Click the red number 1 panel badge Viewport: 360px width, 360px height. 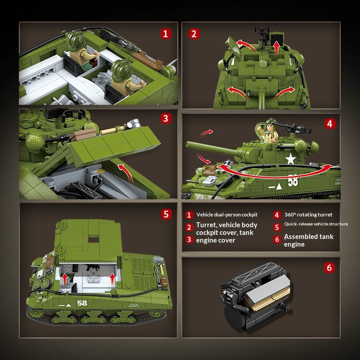(x=166, y=34)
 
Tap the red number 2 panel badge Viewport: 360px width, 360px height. (x=194, y=34)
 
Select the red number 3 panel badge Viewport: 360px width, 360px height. (x=166, y=119)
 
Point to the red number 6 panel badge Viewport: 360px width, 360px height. (x=329, y=268)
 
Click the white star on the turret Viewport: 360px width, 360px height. (x=291, y=159)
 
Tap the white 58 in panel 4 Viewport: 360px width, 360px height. (x=293, y=180)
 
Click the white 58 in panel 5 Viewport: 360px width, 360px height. (x=82, y=303)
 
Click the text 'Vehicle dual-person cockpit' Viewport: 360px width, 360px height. (x=227, y=215)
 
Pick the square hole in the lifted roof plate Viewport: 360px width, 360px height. (x=94, y=240)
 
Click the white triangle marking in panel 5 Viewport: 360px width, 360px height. (x=68, y=306)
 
